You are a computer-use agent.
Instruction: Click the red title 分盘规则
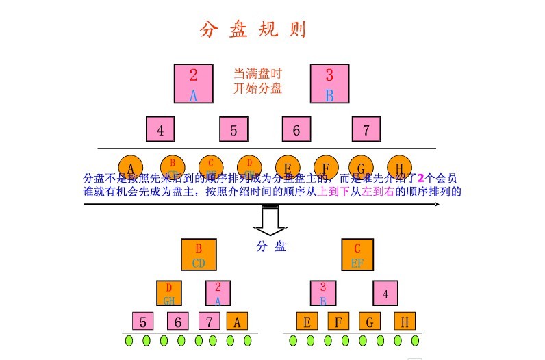coord(253,30)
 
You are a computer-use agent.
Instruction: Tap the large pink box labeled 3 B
coord(329,83)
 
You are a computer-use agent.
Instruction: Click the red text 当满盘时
coord(257,73)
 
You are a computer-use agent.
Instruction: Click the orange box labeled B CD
coord(199,255)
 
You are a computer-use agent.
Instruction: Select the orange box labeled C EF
coord(357,255)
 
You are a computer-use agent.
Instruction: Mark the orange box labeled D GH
coord(169,293)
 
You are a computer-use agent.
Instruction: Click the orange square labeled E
coord(307,321)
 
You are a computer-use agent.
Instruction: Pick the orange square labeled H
coord(404,321)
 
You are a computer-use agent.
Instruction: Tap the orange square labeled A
coord(236,321)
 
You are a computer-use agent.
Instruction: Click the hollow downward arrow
coord(270,220)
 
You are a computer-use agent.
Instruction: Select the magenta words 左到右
coord(379,192)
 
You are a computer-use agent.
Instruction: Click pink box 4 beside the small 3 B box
coord(385,294)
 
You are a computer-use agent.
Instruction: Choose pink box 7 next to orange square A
coord(209,321)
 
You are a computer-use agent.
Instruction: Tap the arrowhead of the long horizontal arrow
coord(434,204)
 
